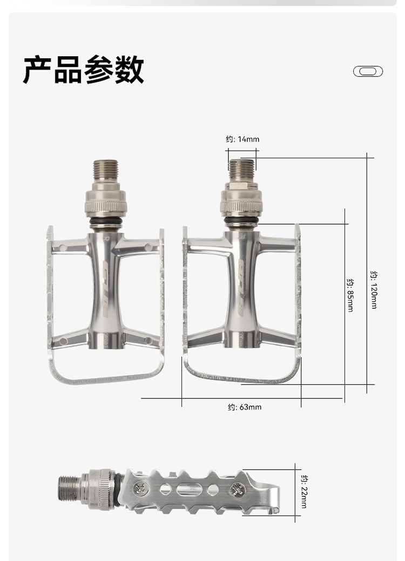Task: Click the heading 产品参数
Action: click(x=83, y=70)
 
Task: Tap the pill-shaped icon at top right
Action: click(x=368, y=71)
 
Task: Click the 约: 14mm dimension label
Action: click(x=242, y=139)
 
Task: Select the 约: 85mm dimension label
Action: click(x=350, y=295)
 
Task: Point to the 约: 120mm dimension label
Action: click(x=374, y=290)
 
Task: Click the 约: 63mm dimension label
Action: click(x=245, y=407)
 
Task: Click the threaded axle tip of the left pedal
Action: click(x=105, y=170)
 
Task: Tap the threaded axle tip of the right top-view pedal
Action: click(x=241, y=170)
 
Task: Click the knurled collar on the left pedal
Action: click(x=106, y=206)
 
